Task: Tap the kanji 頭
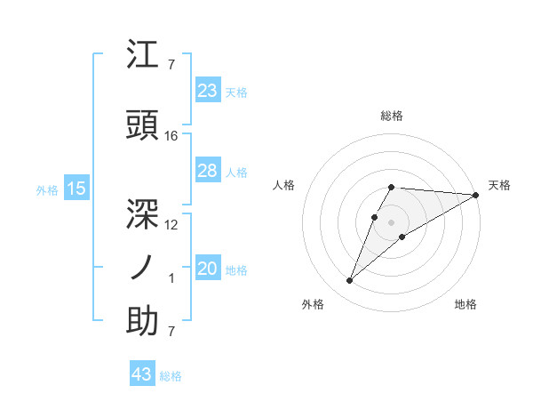click(142, 126)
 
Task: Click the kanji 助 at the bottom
click(142, 322)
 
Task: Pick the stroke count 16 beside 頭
click(171, 136)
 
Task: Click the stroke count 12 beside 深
click(171, 225)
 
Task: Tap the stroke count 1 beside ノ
click(171, 278)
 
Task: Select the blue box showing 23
click(207, 91)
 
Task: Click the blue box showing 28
click(207, 171)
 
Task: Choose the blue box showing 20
click(207, 269)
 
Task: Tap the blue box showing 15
click(76, 189)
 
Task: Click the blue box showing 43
click(141, 375)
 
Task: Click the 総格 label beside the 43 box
click(171, 376)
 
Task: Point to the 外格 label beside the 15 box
click(47, 189)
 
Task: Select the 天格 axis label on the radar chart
click(499, 185)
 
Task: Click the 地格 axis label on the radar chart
click(465, 304)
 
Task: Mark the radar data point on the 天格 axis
click(476, 196)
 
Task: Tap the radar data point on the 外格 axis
click(349, 281)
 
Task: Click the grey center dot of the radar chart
click(391, 221)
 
